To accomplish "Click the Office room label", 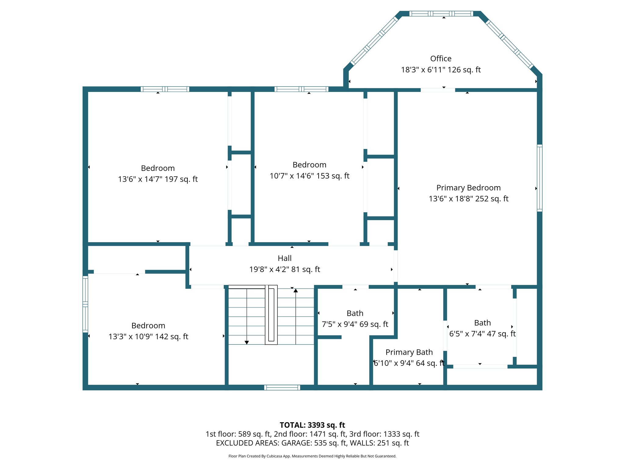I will (441, 59).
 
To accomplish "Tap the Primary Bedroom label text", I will (468, 188).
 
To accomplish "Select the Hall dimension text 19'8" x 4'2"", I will (284, 269).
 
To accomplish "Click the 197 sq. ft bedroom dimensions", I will (158, 179).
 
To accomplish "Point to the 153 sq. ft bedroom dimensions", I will (309, 176).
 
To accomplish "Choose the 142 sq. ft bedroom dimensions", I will (148, 336).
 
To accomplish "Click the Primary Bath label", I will (409, 352).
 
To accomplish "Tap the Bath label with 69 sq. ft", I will (355, 314).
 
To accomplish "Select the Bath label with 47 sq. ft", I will (482, 323).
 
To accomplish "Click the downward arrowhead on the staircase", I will (247, 343).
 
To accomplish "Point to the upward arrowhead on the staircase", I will (295, 291).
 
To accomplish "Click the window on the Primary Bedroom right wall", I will (540, 178).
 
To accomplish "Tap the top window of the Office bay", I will (441, 13).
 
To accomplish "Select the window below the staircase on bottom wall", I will (282, 387).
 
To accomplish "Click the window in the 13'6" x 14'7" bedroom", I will (165, 89).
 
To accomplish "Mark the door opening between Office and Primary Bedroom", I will (438, 90).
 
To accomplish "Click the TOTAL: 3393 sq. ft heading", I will (312, 425).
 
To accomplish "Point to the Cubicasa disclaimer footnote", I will (312, 456).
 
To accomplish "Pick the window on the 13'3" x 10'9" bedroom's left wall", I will (85, 304).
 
